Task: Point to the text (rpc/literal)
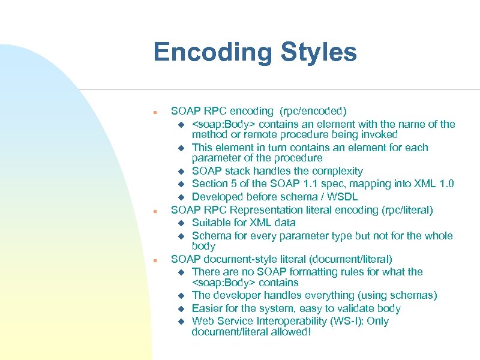pyautogui.click(x=402, y=210)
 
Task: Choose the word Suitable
pyautogui.click(x=211, y=223)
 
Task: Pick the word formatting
pyautogui.click(x=326, y=272)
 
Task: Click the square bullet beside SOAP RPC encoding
pyautogui.click(x=155, y=112)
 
